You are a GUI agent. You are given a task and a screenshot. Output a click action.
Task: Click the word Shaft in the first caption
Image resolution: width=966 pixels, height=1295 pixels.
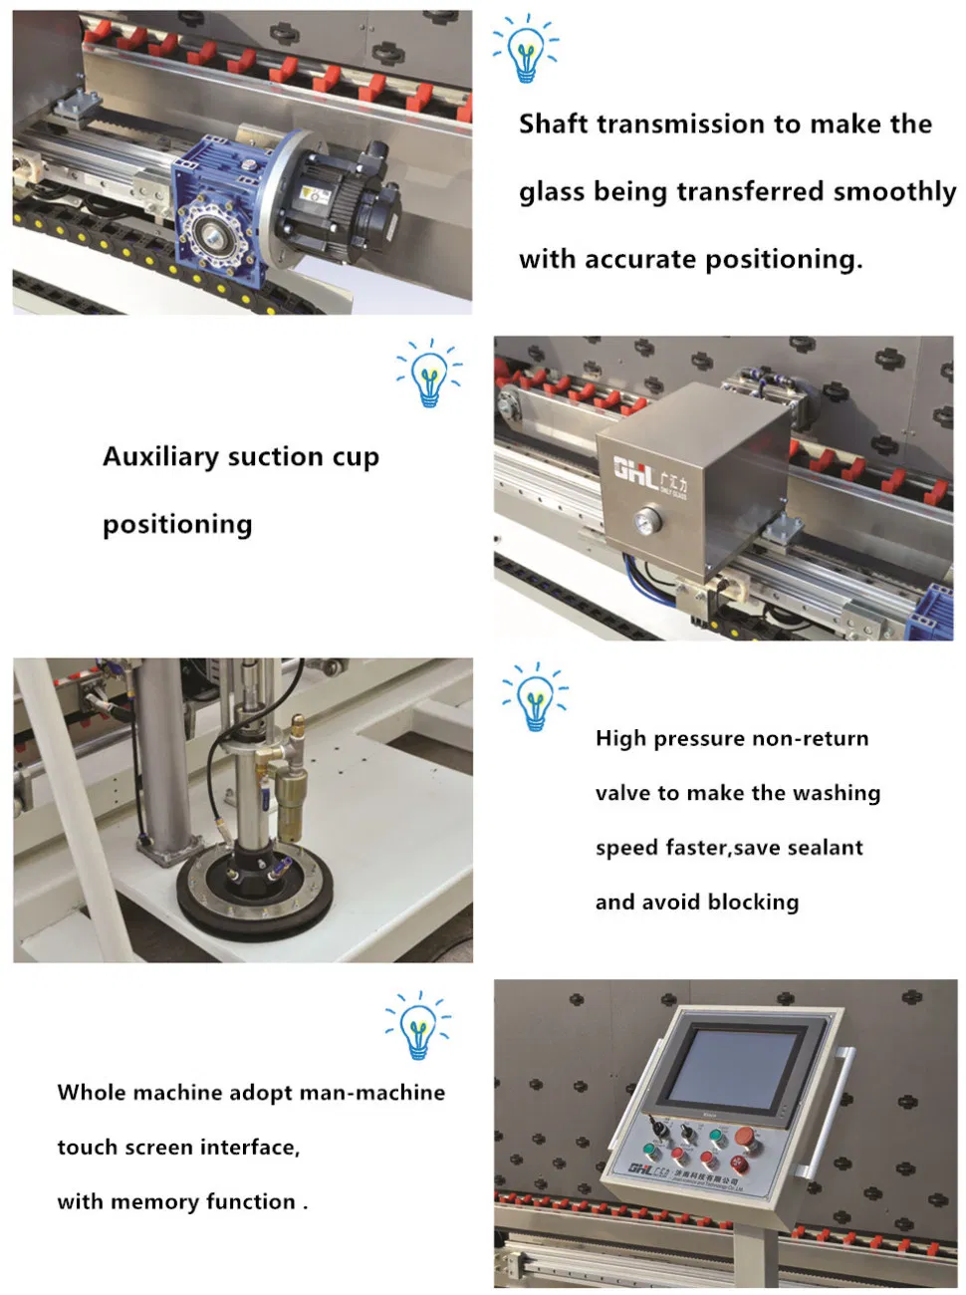553,124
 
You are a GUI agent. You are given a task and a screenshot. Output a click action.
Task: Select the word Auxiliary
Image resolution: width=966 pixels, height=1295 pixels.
160,456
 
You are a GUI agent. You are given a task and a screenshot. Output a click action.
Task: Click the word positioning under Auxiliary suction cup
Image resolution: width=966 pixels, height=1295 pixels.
177,524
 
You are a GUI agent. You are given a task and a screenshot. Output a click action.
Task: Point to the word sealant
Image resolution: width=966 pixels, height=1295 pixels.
825,848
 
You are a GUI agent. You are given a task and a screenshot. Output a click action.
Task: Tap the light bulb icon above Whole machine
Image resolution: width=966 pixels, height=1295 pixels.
418,1026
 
